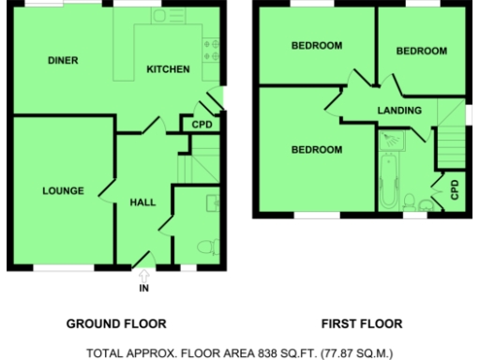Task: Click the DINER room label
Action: point(62,61)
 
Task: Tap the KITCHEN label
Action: point(168,69)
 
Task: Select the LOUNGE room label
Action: point(64,191)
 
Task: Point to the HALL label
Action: point(142,202)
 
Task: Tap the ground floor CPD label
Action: point(202,125)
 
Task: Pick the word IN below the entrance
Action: point(143,288)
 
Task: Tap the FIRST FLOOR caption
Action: point(362,324)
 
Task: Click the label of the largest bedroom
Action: point(316,149)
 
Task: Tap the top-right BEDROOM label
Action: point(421,52)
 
